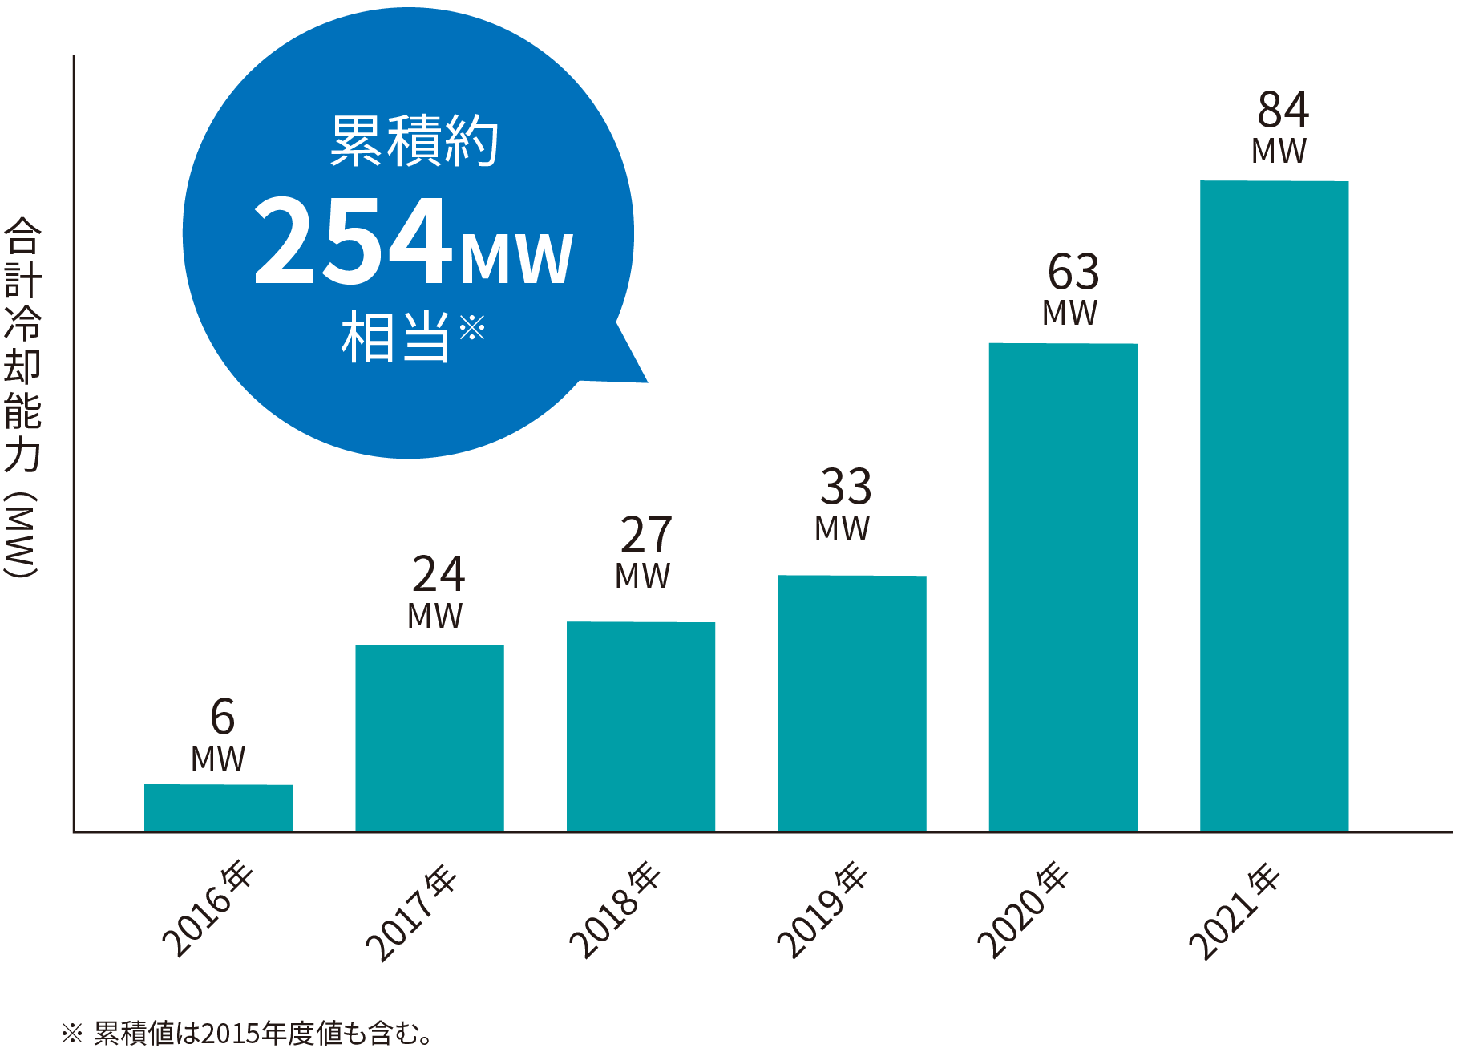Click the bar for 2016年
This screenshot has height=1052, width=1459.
218,807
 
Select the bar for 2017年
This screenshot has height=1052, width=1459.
430,738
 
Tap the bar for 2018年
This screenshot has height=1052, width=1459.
641,726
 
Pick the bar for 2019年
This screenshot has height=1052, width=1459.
851,703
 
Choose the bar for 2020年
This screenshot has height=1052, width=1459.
1063,587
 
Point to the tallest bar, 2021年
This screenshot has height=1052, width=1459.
1274,506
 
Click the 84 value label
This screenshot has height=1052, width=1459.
1283,111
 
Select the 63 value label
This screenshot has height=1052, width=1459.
1073,273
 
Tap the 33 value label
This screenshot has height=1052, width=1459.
846,488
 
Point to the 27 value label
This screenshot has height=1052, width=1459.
646,536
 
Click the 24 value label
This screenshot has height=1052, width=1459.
438,575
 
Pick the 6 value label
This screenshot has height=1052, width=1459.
222,717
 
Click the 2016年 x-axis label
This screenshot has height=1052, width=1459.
208,909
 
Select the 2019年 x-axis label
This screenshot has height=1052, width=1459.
822,909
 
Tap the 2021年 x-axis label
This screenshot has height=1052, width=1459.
1234,911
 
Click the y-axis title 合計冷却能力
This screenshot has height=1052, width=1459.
22,345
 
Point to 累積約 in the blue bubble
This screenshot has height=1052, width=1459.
414,142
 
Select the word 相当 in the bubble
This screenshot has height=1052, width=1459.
395,338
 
